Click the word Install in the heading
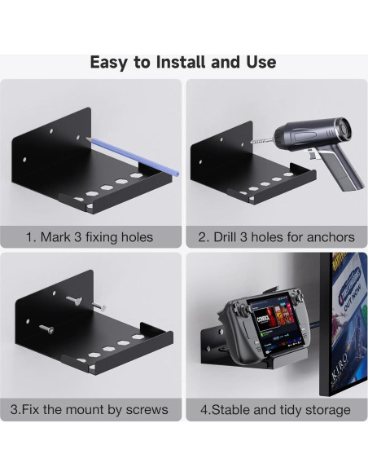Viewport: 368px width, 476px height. [181, 62]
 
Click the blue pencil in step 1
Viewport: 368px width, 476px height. [133, 156]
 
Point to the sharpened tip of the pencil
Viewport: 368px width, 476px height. [86, 138]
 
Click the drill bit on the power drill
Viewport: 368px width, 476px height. [262, 141]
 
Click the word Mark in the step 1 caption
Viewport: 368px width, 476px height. [55, 237]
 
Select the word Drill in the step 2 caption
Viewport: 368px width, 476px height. [225, 237]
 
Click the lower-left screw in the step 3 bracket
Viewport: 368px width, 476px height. [46, 328]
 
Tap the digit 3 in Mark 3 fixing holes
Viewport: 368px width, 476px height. [78, 237]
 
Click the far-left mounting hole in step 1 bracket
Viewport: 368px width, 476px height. [24, 160]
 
